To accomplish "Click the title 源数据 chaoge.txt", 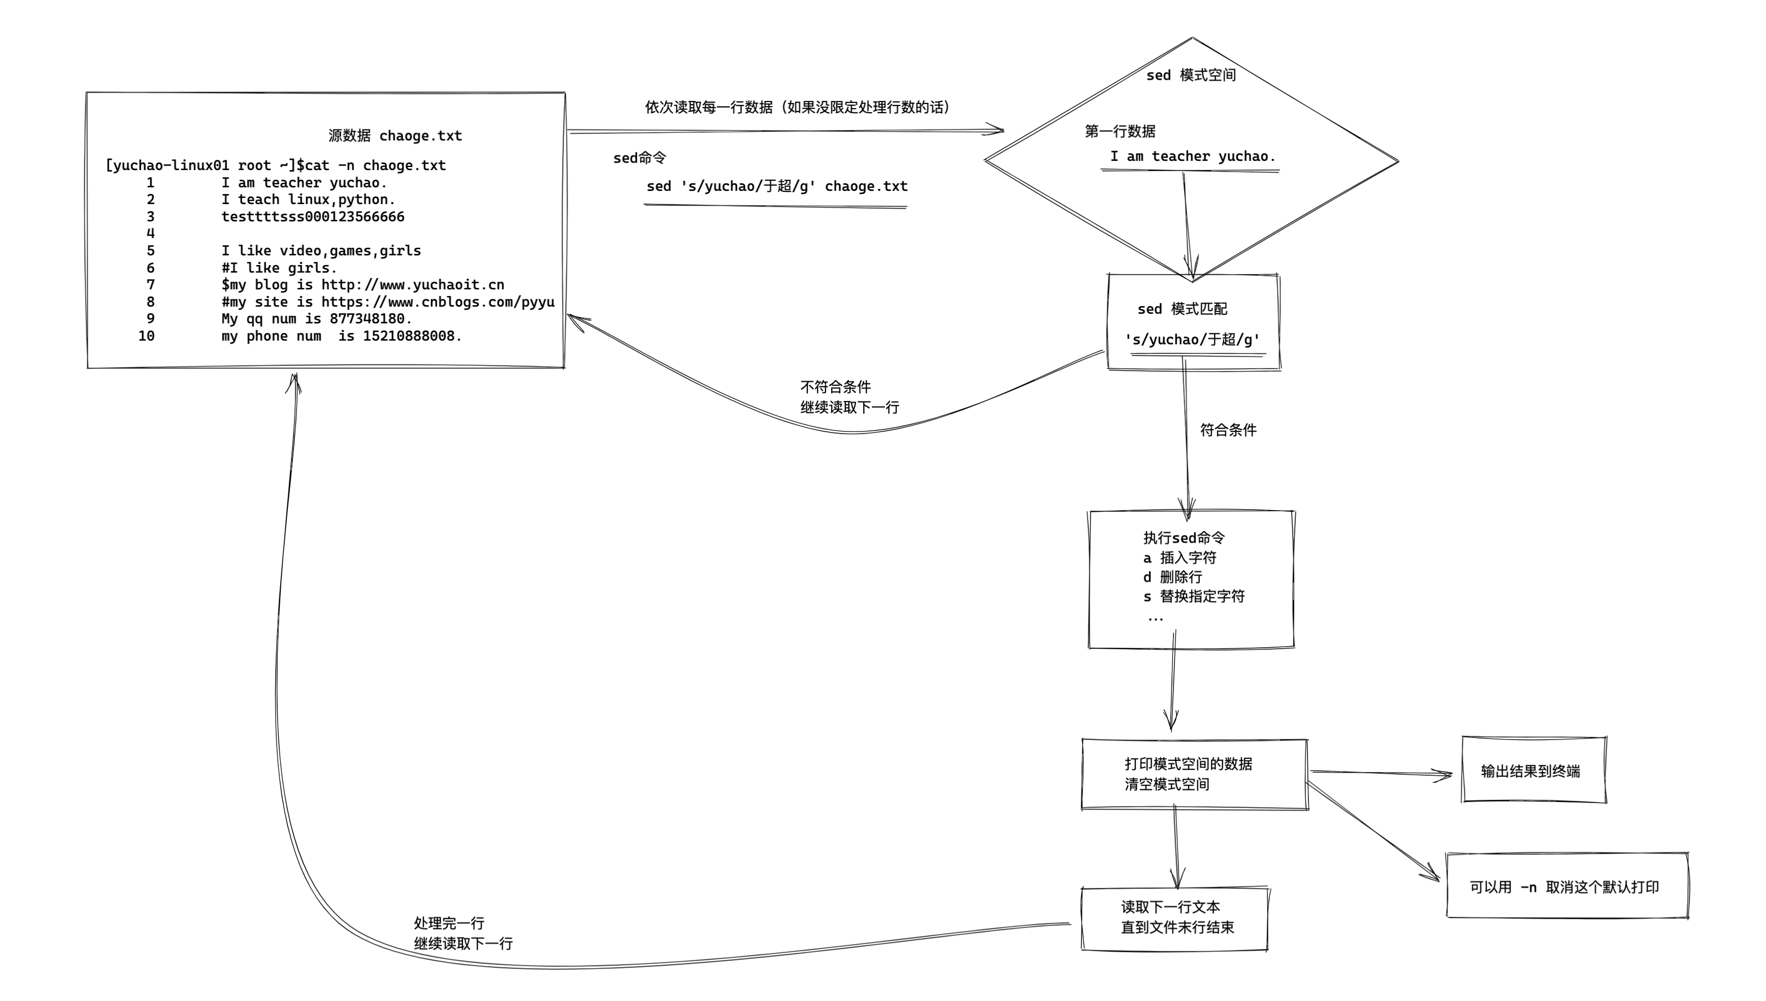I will coord(395,136).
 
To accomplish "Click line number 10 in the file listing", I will coord(146,336).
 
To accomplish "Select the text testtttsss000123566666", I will coord(313,217).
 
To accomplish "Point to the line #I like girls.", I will coord(279,268).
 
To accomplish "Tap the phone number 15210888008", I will coord(408,336).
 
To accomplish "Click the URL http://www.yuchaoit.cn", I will coord(413,285).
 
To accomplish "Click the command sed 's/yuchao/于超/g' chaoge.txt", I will coord(776,186).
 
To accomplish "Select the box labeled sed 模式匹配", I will coord(1193,322).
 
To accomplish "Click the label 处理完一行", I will coord(449,923).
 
